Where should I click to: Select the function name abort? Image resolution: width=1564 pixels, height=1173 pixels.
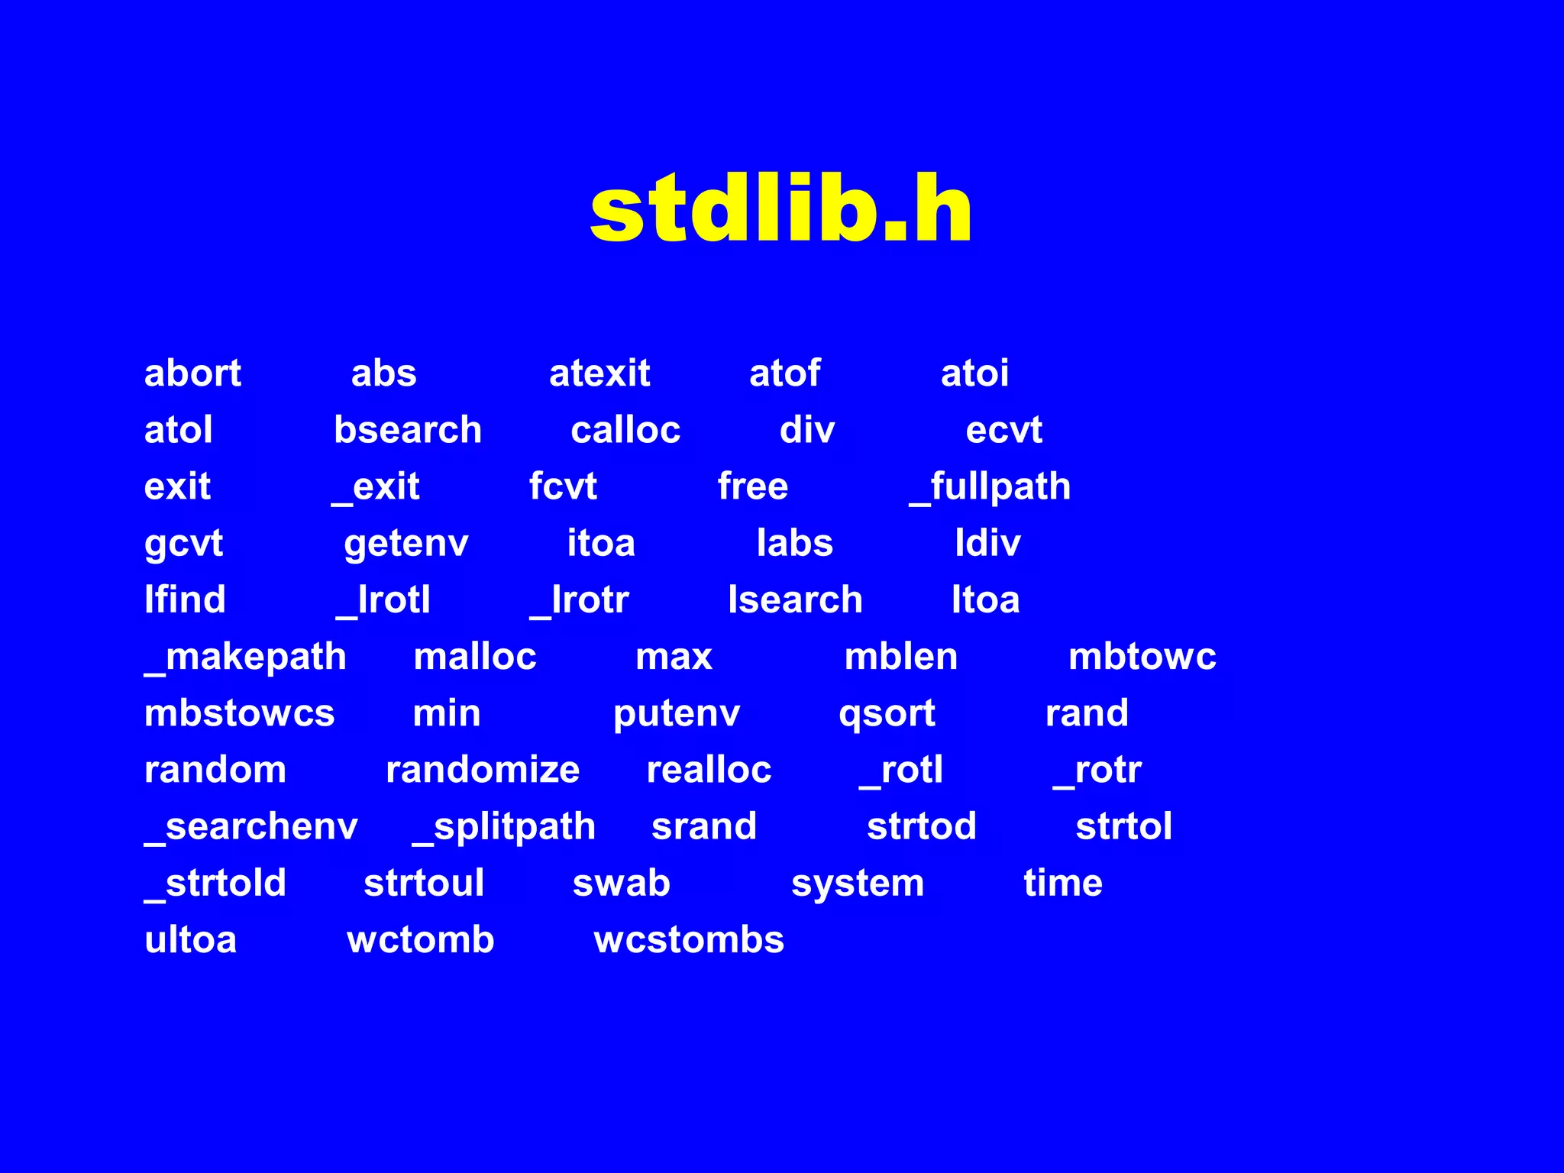coord(192,373)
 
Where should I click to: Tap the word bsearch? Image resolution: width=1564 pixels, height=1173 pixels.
coord(408,430)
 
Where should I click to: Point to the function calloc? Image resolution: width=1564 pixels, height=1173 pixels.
coord(625,430)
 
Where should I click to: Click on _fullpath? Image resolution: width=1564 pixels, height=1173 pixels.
coord(990,487)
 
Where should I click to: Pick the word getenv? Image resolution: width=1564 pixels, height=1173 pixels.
coord(406,544)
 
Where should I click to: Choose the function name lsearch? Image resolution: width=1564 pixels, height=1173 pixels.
coord(795,599)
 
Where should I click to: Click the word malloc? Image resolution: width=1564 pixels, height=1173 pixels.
coord(475,657)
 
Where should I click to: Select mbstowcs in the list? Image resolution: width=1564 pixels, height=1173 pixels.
coord(239,713)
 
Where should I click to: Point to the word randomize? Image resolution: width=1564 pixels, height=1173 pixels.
coord(483,770)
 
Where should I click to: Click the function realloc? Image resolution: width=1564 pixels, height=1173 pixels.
coord(709,770)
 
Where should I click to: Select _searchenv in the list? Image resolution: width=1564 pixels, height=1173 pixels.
coord(251,827)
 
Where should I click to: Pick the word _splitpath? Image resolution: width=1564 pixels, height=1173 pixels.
coord(504,827)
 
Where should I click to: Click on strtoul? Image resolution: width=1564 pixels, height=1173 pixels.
coord(424,883)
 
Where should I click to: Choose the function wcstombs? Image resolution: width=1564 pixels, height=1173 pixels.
coord(689,939)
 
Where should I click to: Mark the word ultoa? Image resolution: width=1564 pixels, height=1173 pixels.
coord(190,939)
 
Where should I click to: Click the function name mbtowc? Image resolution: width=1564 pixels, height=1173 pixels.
coord(1142,657)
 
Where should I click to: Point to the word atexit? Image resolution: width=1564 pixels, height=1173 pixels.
coord(599,373)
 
